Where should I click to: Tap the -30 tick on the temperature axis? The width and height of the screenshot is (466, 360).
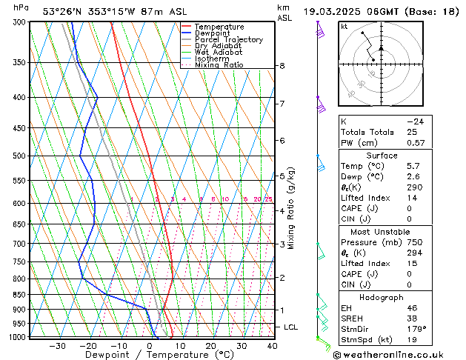point(57,346)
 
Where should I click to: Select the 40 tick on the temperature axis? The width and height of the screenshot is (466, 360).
point(273,346)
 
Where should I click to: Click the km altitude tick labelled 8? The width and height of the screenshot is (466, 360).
point(282,66)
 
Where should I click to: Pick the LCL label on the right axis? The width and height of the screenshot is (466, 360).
point(291,327)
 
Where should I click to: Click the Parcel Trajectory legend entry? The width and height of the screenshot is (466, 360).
point(228,39)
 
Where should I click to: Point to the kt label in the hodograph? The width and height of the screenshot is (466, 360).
point(344,26)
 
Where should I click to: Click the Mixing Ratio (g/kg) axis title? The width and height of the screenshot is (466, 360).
point(292,208)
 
